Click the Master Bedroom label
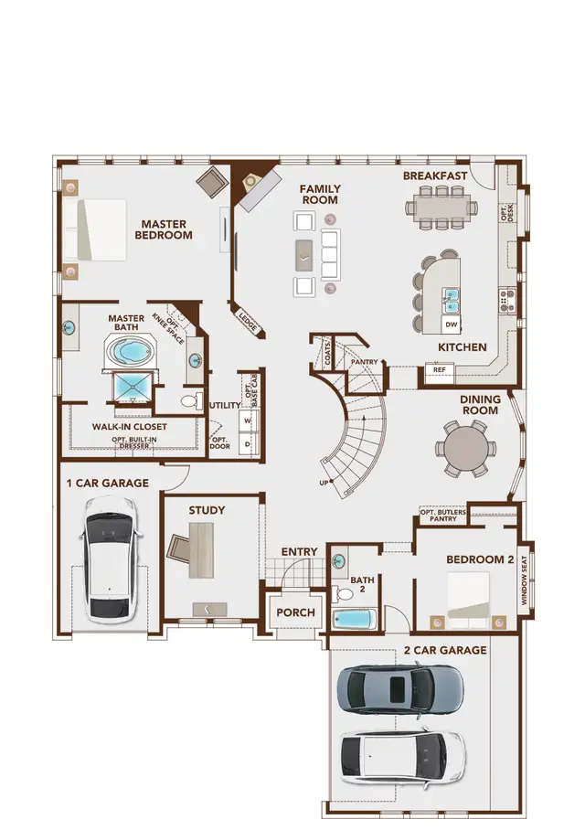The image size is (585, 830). tap(165, 229)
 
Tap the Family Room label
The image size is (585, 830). tap(320, 194)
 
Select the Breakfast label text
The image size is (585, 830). tap(435, 176)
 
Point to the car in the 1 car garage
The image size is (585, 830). tap(111, 558)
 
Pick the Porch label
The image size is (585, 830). tap(295, 612)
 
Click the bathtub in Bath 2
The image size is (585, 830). tap(355, 619)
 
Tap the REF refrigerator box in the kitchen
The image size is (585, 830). tap(439, 370)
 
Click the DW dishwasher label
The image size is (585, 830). tap(450, 325)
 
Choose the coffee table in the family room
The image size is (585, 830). tap(303, 255)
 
